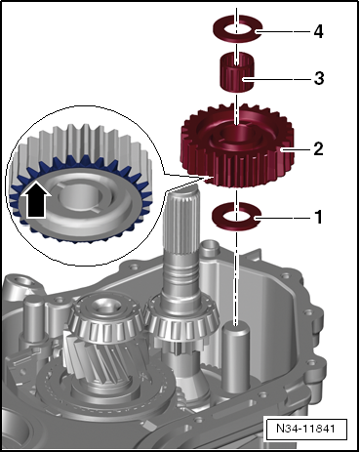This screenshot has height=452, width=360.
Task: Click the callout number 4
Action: coord(318,32)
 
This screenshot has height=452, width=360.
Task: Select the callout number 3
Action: coord(319,78)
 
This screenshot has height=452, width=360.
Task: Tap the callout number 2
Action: coord(318,148)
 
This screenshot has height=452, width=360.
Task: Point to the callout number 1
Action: coord(319,217)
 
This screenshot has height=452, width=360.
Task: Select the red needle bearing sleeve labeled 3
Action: coord(237,72)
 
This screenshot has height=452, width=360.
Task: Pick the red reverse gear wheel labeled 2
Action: coord(238,145)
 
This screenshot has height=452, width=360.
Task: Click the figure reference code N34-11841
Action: coord(305,428)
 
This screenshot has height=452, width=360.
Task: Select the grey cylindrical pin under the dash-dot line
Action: coord(236,355)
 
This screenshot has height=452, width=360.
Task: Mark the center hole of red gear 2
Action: coord(237,136)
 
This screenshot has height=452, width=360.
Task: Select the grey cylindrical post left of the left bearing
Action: coord(34,319)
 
